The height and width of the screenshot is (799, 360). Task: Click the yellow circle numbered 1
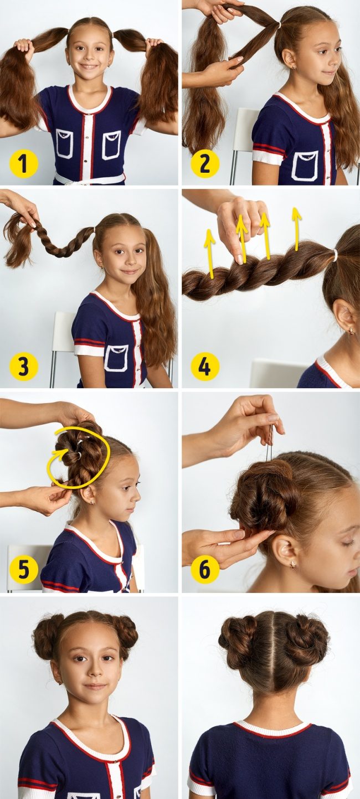coord(23,164)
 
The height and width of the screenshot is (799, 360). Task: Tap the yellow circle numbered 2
coord(204,164)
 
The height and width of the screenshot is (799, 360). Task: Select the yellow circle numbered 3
coord(23,367)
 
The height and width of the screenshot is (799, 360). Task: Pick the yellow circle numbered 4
coord(204,367)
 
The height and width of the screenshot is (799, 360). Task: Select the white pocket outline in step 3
coord(117,358)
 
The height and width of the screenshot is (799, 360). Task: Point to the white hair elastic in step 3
coord(94,229)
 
